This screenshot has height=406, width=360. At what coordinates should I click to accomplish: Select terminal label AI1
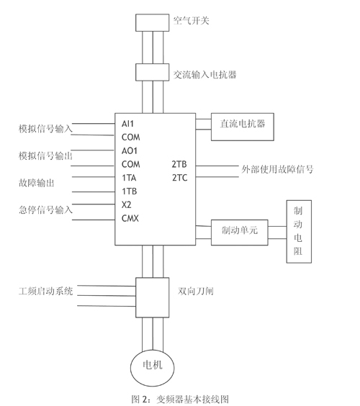(127, 124)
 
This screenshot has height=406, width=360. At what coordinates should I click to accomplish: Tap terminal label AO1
(130, 150)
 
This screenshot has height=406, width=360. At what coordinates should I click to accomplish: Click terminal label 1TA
(129, 178)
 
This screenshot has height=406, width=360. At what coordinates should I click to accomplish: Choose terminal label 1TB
(129, 191)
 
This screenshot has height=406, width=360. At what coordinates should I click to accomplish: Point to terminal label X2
(127, 205)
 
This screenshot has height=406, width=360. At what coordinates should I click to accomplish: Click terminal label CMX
(130, 218)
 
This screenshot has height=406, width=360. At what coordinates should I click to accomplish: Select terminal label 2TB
(179, 164)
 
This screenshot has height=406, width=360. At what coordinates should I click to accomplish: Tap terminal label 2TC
(180, 178)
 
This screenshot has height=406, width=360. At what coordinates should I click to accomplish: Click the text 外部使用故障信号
(278, 169)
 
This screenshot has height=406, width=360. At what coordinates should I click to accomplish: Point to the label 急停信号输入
(45, 209)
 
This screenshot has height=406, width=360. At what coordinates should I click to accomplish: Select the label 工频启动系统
(46, 292)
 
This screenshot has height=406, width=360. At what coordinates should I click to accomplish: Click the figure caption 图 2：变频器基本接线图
(180, 399)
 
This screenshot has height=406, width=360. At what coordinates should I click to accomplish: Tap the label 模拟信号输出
(45, 155)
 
